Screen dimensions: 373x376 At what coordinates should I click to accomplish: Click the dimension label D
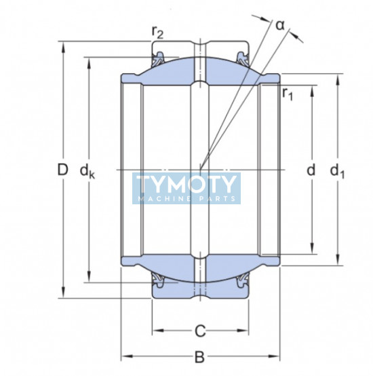coord(63,170)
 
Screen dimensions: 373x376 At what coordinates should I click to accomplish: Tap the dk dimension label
coord(87,172)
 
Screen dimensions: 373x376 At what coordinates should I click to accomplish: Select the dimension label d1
coord(337,172)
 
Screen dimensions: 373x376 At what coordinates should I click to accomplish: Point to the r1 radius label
coord(288,94)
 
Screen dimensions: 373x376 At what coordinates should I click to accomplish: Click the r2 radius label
coord(157,33)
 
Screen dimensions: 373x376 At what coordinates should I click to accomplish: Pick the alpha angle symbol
coord(280,25)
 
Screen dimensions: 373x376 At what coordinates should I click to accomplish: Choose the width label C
coord(200,331)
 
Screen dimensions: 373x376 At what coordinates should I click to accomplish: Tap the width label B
coord(199,356)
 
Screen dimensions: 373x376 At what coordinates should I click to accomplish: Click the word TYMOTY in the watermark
coord(186,184)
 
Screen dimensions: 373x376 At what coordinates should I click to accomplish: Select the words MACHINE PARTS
coord(187,199)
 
